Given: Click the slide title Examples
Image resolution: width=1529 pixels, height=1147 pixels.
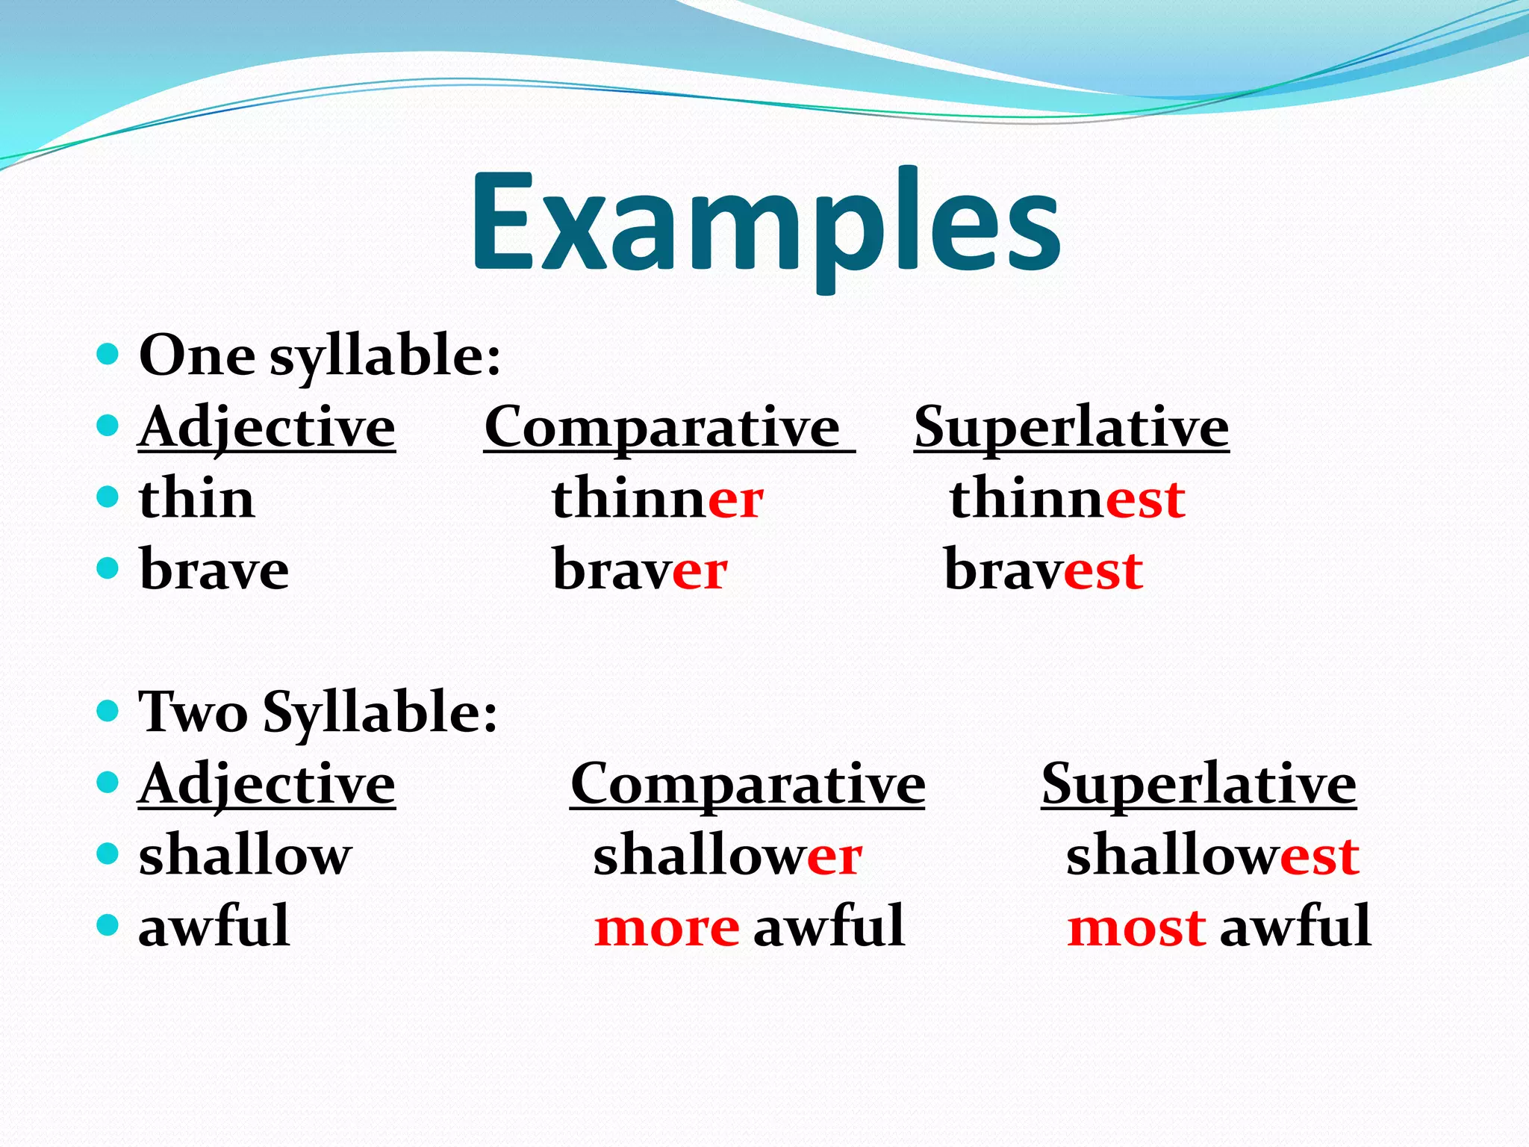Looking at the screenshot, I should [765, 224].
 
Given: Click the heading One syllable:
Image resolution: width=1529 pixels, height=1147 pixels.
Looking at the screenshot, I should [320, 355].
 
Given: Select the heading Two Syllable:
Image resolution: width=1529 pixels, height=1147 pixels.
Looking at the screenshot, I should [317, 712].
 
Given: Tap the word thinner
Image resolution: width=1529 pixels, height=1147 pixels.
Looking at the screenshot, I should [657, 499].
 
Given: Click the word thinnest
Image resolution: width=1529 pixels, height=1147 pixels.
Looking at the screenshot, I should [1067, 499].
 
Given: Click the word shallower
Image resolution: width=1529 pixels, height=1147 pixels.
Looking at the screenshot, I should [727, 855].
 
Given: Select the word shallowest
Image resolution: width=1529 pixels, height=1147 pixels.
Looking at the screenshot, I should [1212, 855].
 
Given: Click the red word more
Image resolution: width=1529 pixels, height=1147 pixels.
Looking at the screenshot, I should [667, 928].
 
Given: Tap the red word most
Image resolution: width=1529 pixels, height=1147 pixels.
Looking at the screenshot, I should [1136, 928].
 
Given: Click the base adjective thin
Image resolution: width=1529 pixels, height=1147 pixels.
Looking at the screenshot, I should [196, 499].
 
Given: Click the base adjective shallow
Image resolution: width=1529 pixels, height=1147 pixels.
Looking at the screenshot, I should [245, 855].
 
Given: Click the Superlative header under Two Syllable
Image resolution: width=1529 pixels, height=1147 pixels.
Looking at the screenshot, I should [1198, 784].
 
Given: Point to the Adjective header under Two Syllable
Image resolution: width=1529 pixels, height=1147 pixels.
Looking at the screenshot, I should [267, 784].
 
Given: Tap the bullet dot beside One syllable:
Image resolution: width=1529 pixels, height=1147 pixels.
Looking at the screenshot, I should [108, 353].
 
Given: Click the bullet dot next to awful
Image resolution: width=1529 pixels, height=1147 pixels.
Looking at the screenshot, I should [108, 925].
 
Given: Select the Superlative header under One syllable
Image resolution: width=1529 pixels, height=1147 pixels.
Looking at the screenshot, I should [1071, 428].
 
